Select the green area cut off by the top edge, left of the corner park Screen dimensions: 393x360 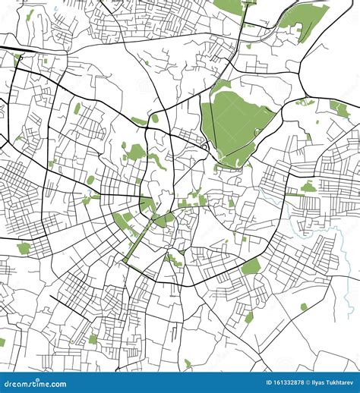228,6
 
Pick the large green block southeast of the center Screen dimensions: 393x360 251,266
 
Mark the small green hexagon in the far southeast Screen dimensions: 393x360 304,307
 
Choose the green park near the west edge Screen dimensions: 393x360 24,248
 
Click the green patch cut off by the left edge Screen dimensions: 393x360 2,342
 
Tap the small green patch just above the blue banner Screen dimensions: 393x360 188,363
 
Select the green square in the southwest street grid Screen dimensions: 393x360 93,339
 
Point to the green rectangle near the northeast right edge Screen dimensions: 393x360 339,109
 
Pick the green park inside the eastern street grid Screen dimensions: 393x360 308,187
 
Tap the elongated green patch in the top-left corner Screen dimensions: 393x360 30,15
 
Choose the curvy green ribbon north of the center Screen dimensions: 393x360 157,160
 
